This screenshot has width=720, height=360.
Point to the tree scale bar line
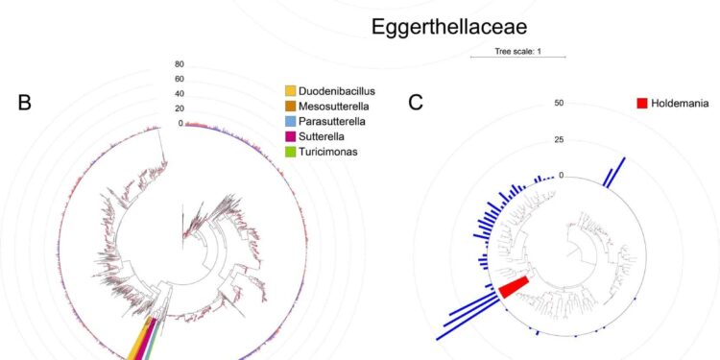[x=517, y=59]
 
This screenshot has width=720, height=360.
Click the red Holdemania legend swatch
[x=641, y=103]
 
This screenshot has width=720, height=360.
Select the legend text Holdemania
[x=685, y=103]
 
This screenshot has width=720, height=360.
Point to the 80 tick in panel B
[x=179, y=65]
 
